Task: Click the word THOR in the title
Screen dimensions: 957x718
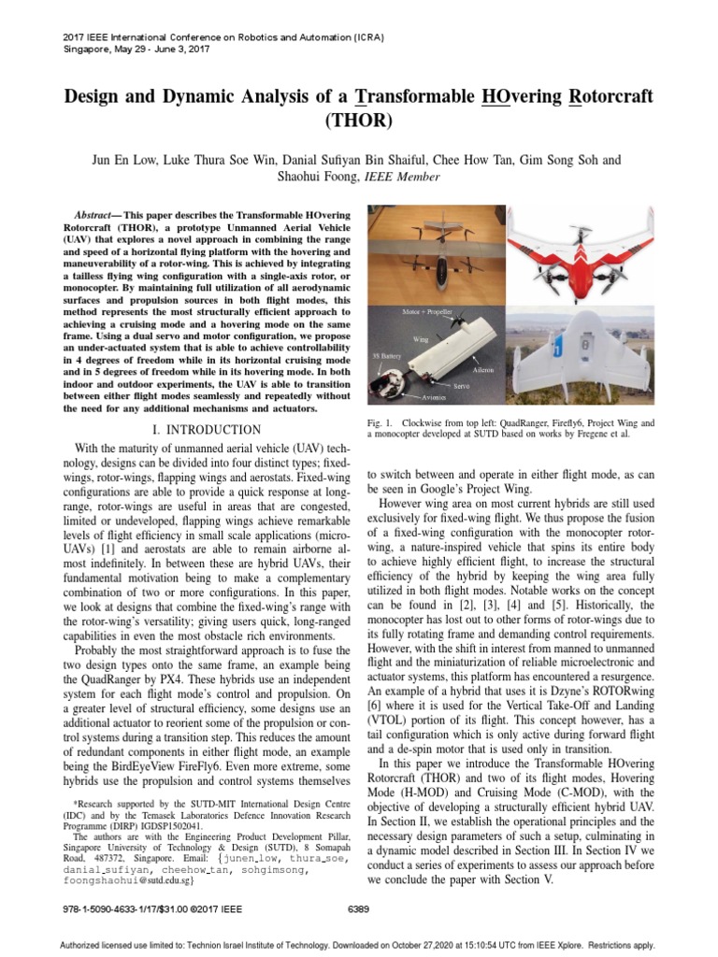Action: [359, 121]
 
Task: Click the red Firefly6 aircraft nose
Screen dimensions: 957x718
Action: [579, 250]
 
